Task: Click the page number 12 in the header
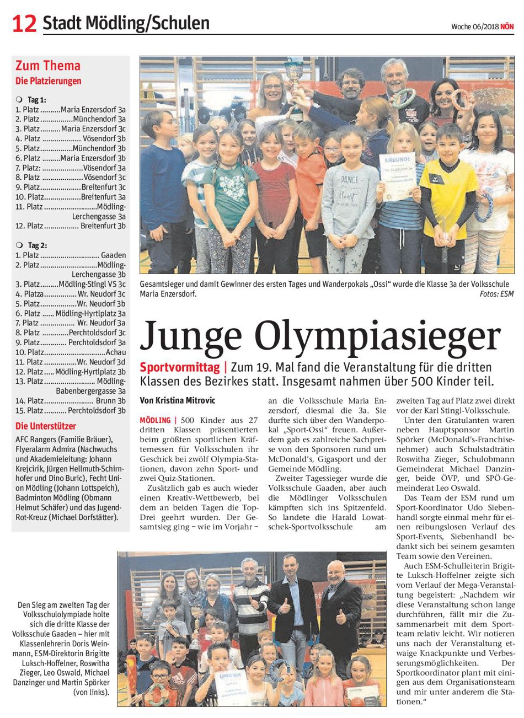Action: pos(24,23)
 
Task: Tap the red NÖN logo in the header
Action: pos(507,26)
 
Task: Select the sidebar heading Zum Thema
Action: pos(48,66)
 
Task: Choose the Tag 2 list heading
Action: pos(37,245)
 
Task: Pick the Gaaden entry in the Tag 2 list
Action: pos(113,255)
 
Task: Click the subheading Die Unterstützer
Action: pos(45,426)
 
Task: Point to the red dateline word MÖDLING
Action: pos(155,420)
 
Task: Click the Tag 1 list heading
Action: pos(37,100)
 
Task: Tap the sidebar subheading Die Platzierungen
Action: pos(49,81)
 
